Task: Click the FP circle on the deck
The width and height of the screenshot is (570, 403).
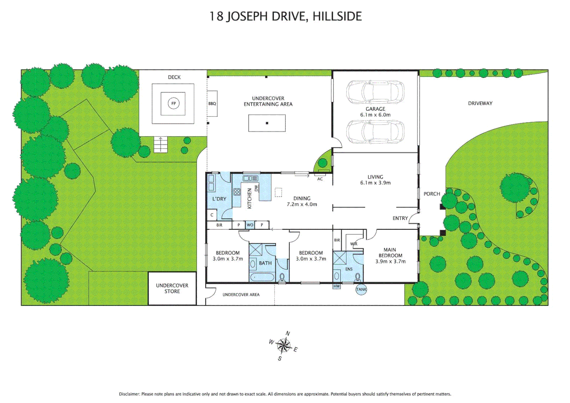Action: pos(173,103)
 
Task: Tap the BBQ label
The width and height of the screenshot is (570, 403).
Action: pos(212,103)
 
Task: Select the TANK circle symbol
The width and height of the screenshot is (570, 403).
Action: pos(361,289)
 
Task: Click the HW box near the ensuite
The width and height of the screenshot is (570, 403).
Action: pos(337,286)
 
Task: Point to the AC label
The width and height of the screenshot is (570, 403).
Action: pos(320,179)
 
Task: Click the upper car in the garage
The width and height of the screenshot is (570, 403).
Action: pos(375,92)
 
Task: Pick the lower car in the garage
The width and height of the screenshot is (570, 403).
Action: pos(375,131)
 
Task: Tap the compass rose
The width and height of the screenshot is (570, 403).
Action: pos(284,346)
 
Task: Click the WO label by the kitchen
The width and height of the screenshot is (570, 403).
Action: pos(250,225)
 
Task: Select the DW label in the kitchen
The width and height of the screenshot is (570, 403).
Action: pos(256,188)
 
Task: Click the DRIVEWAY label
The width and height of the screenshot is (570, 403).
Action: pos(480,103)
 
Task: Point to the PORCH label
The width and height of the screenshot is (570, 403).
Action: pos(432,194)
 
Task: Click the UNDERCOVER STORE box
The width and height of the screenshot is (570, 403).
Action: pos(172,288)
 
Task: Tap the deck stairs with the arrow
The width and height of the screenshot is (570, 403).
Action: pos(161,144)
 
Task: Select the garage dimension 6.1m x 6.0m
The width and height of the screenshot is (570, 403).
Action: pos(375,115)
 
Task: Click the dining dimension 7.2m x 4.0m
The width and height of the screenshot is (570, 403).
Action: pos(302,204)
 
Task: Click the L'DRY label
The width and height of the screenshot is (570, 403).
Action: pos(219,199)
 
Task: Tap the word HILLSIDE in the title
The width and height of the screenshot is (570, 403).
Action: pos(337,16)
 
